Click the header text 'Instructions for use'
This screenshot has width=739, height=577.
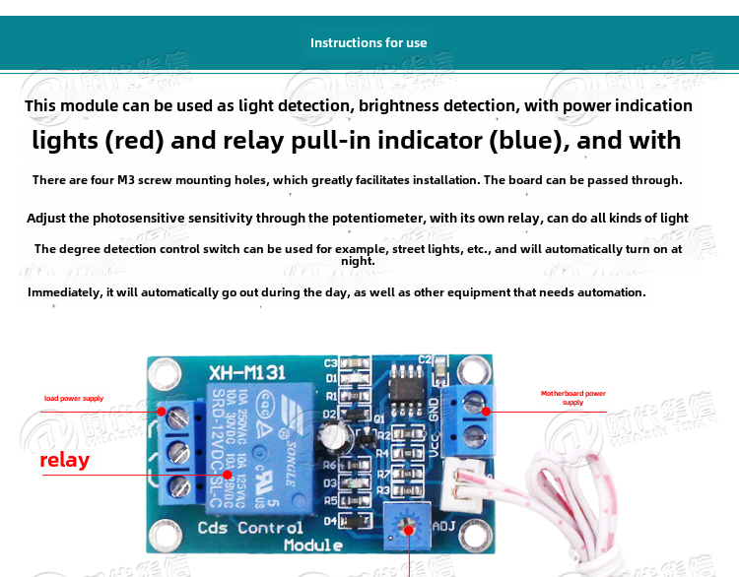(x=369, y=42)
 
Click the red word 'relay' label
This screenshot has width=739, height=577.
(x=64, y=460)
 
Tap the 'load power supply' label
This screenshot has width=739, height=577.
(x=73, y=399)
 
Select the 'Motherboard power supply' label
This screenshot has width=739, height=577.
(x=572, y=398)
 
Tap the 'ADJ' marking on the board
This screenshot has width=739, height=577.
(x=444, y=526)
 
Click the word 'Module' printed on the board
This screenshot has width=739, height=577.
(x=312, y=545)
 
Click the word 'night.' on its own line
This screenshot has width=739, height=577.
(x=358, y=261)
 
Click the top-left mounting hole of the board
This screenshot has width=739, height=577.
(x=166, y=372)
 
